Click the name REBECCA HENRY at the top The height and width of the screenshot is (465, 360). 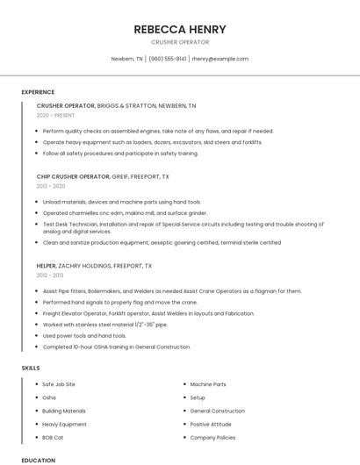pos(179,29)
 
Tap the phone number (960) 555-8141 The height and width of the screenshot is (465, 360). pos(167,59)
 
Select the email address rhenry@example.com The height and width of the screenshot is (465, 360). pos(220,59)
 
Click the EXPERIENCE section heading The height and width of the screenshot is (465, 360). pos(38,92)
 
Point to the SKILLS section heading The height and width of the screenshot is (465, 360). pos(31,368)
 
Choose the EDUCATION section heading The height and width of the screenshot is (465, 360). pos(38,460)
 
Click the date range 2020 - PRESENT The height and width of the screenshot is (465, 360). pos(56,115)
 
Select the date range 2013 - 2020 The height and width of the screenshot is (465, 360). pos(51,186)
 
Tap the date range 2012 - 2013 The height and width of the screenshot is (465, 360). pos(51,275)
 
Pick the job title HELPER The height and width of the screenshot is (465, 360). pos(47,265)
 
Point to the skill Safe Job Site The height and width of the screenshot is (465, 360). pos(59,384)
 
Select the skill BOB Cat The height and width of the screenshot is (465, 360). pos(54,437)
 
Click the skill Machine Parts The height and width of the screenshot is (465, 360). pos(208,384)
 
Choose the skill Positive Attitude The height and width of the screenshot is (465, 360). pos(211,424)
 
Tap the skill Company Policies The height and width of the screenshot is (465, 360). pos(212,437)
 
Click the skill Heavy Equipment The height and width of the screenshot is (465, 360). pos(64,424)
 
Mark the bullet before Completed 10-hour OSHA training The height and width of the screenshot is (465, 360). pos(34,347)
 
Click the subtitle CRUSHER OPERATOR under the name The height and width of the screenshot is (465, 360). pos(179,42)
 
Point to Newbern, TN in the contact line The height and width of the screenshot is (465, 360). pos(126,59)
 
